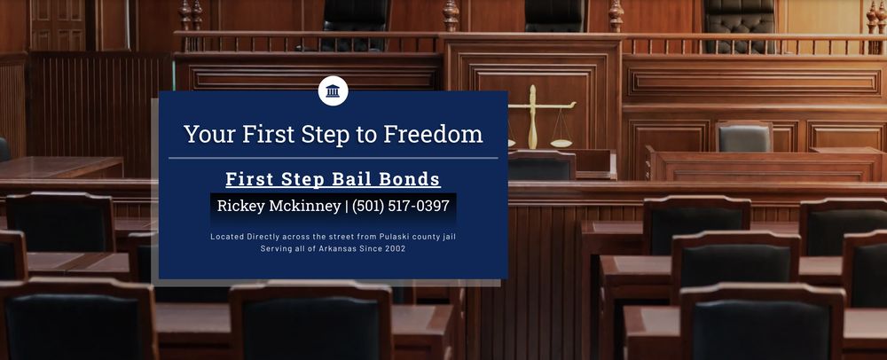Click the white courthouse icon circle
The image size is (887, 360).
[x=333, y=90]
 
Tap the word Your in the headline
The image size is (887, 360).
[x=207, y=134]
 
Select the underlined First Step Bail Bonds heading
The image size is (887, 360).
[x=333, y=179]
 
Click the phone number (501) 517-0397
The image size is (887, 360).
[x=400, y=207]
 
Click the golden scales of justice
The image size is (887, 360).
[x=534, y=117]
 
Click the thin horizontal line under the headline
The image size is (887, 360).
[x=333, y=158]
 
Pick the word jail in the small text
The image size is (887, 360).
[x=448, y=237]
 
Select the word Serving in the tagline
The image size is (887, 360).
[x=276, y=249]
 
